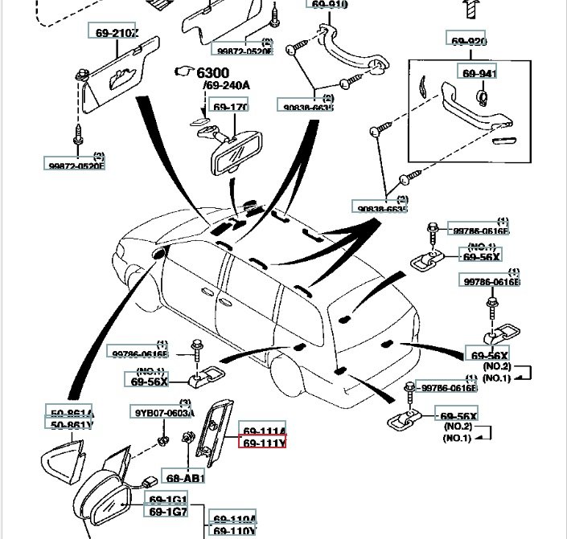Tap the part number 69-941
click(x=479, y=74)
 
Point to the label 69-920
click(x=468, y=42)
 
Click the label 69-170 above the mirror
click(x=229, y=107)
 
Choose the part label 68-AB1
click(x=185, y=478)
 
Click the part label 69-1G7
click(x=167, y=511)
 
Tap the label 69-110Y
click(x=233, y=531)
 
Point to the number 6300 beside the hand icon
click(x=212, y=73)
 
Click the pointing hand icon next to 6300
click(x=185, y=72)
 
